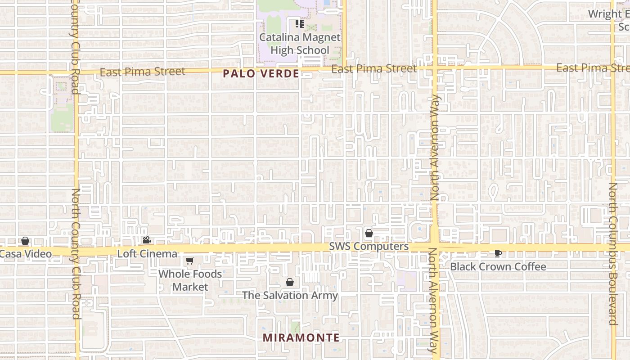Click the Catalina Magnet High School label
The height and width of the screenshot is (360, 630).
click(x=300, y=44)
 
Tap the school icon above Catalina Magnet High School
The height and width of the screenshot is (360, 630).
click(x=300, y=24)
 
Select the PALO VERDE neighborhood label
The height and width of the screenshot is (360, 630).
click(x=261, y=74)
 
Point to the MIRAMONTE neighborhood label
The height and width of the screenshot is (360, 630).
click(x=301, y=337)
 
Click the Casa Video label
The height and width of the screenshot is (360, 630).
click(x=26, y=254)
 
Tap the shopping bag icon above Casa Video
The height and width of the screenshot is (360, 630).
click(x=25, y=241)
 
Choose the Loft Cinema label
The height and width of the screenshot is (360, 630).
click(x=147, y=254)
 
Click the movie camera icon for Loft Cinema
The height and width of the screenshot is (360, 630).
click(x=147, y=240)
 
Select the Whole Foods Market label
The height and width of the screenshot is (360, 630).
click(x=190, y=280)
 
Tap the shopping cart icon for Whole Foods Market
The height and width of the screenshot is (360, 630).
click(x=190, y=261)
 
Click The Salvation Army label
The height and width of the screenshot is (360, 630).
click(x=290, y=296)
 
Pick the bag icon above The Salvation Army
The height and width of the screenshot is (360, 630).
click(x=290, y=282)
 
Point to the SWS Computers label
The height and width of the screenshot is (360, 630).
click(x=369, y=247)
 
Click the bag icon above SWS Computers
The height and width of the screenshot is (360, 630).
click(x=369, y=233)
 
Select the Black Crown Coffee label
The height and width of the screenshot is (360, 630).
click(x=498, y=266)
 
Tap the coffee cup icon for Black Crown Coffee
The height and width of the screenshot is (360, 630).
click(x=498, y=253)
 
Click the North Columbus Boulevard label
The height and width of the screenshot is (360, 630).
click(x=613, y=254)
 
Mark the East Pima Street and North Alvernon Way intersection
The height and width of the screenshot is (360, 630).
click(x=435, y=68)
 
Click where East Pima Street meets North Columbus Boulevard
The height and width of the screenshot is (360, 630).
click(x=613, y=67)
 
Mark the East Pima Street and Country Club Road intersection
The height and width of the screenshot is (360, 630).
click(x=76, y=72)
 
